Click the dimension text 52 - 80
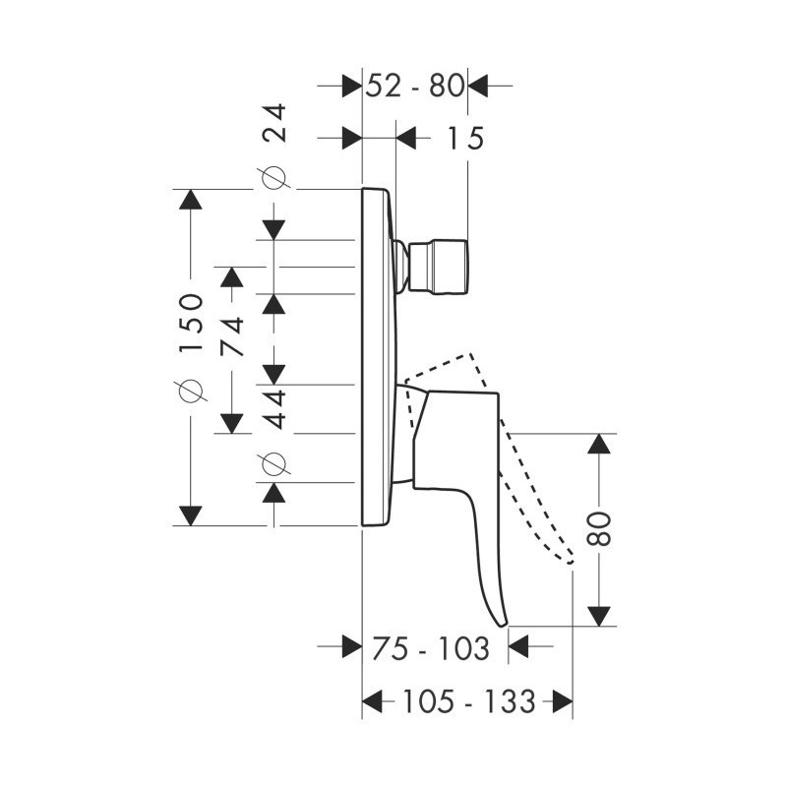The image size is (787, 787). click(414, 86)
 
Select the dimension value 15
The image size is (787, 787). click(464, 138)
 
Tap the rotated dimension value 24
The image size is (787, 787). click(275, 123)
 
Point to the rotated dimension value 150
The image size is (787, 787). click(191, 324)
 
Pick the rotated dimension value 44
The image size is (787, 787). click(275, 408)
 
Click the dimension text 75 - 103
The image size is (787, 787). click(431, 648)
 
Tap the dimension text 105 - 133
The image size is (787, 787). click(469, 701)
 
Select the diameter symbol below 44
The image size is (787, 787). click(274, 462)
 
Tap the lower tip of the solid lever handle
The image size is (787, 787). click(503, 625)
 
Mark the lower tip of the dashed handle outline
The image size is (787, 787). click(571, 562)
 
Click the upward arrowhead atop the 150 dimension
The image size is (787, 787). click(190, 200)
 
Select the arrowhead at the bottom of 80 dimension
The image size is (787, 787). click(599, 616)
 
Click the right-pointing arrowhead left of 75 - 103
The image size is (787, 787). click(352, 646)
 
